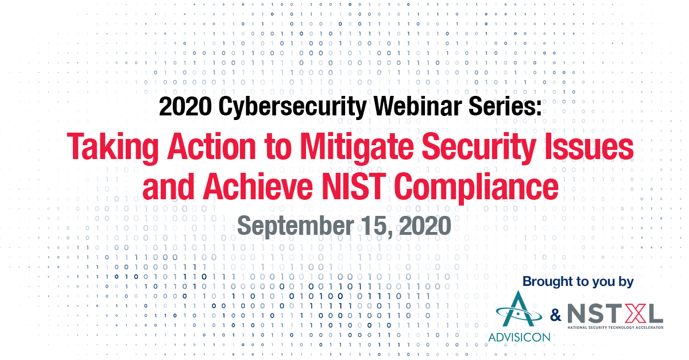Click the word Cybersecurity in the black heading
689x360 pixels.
pos(292,107)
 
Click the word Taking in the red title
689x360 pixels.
pos(113,148)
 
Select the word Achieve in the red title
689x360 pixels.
pos(258,186)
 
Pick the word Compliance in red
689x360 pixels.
pos(476,188)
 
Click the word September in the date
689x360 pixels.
pos(296,226)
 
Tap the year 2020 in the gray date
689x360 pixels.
pos(425,225)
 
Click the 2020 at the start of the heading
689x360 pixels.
pos(185,106)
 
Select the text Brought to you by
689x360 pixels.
pos(578,281)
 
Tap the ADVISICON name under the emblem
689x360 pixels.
pos(519,337)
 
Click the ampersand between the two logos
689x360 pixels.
pos(556,315)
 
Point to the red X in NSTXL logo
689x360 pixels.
pos(633,314)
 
